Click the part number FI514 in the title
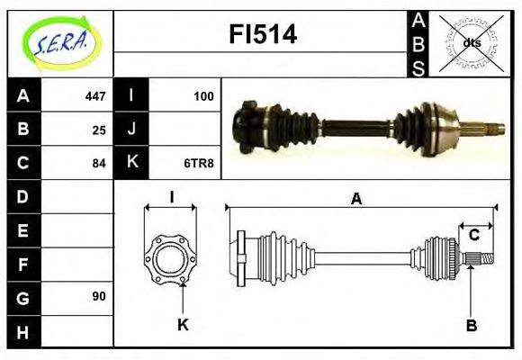point(260,35)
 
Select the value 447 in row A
point(94,95)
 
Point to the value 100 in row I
point(204,95)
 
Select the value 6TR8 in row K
point(200,164)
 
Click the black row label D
point(22,196)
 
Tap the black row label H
point(22,331)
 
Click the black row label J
point(132,130)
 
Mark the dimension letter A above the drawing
point(356,199)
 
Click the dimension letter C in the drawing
point(473,236)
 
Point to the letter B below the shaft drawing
point(471,326)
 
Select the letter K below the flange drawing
point(183,326)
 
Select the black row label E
point(22,230)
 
